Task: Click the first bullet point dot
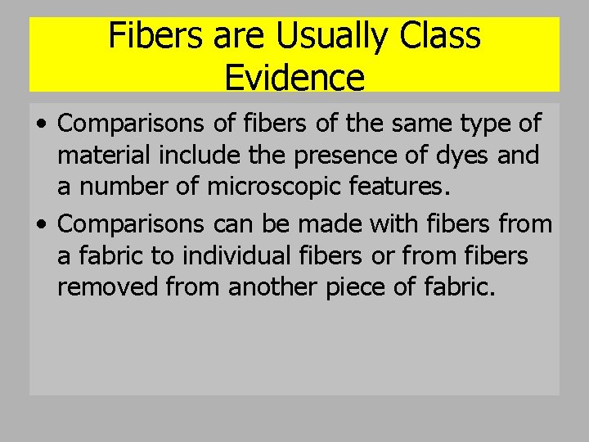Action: tap(41, 124)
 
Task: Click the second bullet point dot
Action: tap(41, 223)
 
